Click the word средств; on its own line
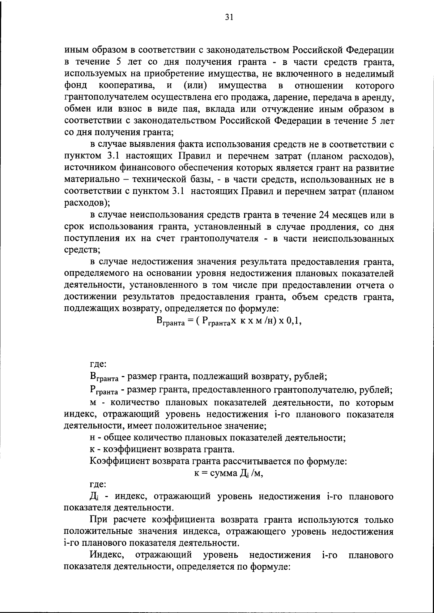[x=82, y=250]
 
